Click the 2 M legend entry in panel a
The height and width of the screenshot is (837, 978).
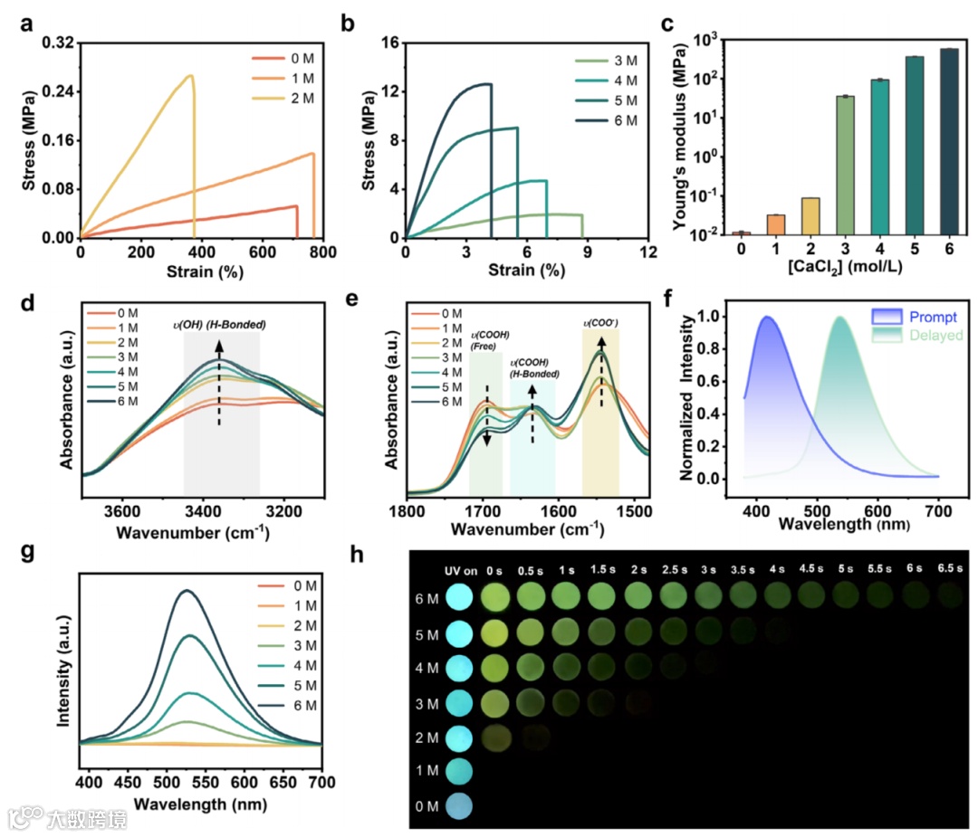coord(292,99)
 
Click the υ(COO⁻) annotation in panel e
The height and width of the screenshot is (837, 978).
coord(600,319)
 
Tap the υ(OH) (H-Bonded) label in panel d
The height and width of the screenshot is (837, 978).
coord(221,324)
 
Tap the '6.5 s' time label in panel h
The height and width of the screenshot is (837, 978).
coord(948,569)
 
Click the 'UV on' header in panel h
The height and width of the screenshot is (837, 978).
coord(460,570)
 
